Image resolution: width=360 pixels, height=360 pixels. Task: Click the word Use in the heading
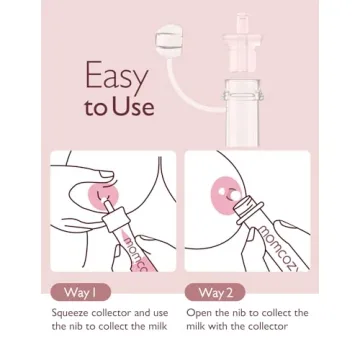coord(134,107)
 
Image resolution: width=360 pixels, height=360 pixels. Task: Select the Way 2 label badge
coord(215,292)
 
